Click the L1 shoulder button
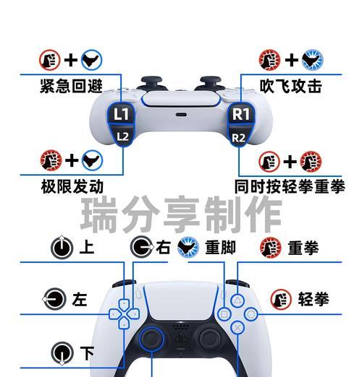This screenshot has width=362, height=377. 121,113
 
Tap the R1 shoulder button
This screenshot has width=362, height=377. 241,113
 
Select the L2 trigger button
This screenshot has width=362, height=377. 122,136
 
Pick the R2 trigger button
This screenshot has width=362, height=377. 240,136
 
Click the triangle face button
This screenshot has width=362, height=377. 237,300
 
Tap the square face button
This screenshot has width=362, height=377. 224,314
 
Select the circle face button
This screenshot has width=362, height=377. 251,314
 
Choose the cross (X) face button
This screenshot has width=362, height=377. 237,327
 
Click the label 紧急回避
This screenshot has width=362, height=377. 72,86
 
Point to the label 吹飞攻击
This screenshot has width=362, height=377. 291,86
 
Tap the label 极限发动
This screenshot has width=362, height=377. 72,186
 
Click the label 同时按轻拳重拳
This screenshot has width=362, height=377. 290,186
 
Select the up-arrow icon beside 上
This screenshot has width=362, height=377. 62,247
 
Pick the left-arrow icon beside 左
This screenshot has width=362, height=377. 54,299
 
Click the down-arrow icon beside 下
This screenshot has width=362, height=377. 62,353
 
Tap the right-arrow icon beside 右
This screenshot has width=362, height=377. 142,247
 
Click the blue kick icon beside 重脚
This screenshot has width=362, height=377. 188,247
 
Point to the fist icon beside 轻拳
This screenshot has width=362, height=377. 281,299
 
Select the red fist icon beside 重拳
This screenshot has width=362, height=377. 271,248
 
